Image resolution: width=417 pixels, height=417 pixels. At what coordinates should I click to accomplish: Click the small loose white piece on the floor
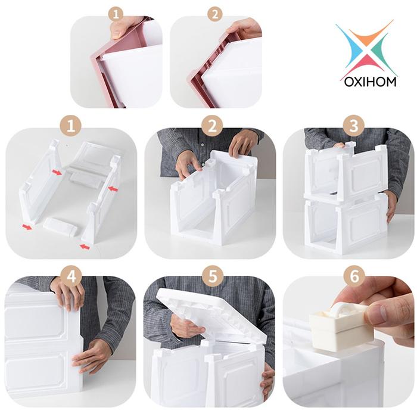click(60, 227)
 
